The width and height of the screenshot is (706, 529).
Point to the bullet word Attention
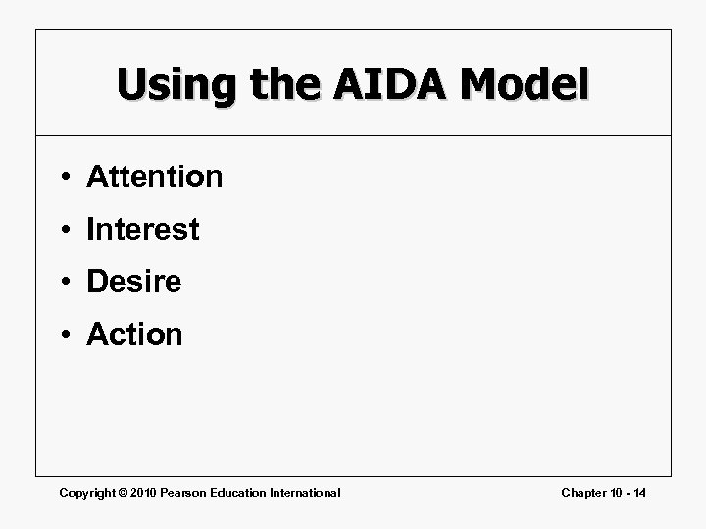155,177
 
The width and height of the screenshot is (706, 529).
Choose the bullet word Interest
143,230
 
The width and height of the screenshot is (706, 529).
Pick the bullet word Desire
134,282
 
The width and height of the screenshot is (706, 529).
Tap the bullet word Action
134,335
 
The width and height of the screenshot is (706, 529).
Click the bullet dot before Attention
63,178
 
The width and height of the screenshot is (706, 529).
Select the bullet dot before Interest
63,231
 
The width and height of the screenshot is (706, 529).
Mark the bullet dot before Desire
63,283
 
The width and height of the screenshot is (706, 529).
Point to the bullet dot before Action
63,336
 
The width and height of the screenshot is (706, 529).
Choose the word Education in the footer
244,492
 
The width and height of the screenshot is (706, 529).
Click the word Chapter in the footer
584,492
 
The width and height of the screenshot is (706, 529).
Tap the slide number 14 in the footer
638,492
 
